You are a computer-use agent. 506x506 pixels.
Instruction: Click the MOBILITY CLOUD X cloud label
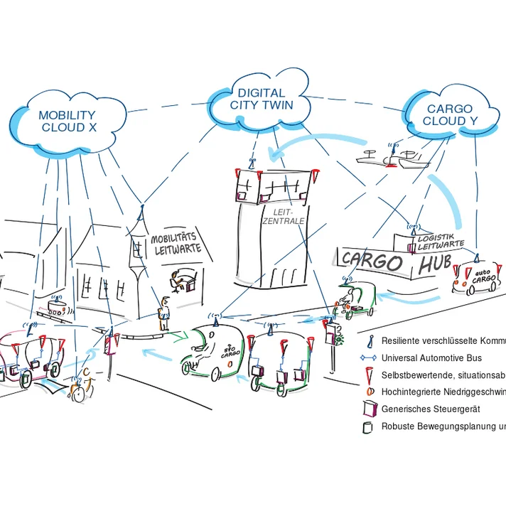pyautogui.click(x=67, y=121)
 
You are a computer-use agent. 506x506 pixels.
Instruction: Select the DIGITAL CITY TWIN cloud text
pyautogui.click(x=261, y=99)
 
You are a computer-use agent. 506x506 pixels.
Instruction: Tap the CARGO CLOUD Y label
pyautogui.click(x=449, y=114)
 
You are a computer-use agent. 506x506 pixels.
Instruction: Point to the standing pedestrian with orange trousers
pyautogui.click(x=164, y=313)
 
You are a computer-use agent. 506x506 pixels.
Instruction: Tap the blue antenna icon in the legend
pyautogui.click(x=367, y=341)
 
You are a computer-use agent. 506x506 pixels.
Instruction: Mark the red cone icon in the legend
pyautogui.click(x=367, y=375)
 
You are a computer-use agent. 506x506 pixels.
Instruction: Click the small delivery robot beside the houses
pyautogui.click(x=57, y=307)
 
